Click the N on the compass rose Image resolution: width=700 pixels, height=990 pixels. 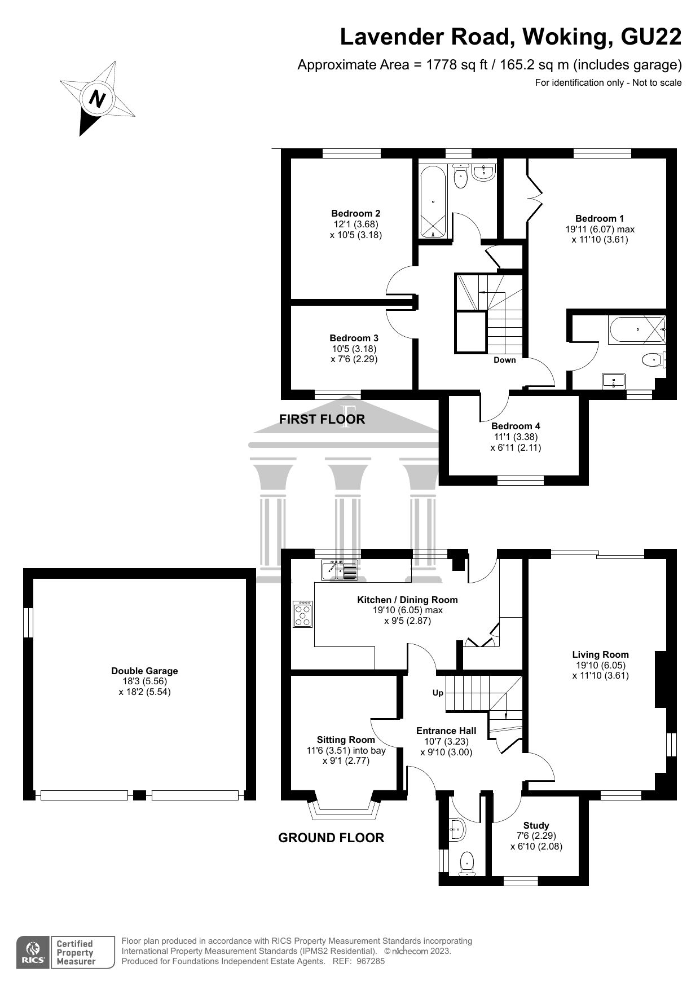[98, 99]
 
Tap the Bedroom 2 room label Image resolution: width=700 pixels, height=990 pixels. [355, 213]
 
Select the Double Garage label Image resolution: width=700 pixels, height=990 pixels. [144, 671]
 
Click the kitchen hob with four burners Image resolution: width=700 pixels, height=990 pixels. [303, 613]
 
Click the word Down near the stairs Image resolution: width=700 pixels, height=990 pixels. [504, 360]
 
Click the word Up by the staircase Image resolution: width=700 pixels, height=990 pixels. [438, 693]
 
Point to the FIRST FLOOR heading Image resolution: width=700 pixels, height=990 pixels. [322, 419]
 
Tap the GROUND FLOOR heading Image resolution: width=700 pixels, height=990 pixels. [331, 838]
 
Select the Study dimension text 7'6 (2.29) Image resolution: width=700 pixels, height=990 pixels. [536, 836]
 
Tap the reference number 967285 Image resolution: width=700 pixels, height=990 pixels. [371, 961]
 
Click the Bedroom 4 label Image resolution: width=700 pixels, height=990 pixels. [516, 426]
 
